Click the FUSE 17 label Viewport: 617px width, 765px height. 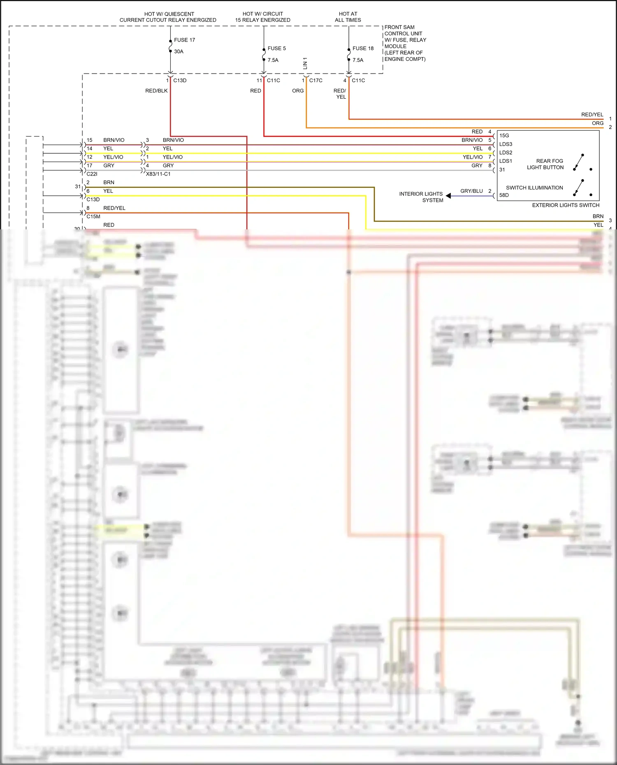(x=184, y=40)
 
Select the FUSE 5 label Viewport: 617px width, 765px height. (x=276, y=49)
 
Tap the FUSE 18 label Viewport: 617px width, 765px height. (x=363, y=49)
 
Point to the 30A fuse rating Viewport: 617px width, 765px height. (x=179, y=52)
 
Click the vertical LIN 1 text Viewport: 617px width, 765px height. (x=305, y=63)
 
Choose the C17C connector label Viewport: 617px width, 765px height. (x=315, y=81)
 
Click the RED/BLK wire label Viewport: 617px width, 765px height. (x=156, y=91)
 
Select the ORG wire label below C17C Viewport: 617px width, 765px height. (x=298, y=91)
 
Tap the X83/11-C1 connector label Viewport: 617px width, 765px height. (x=158, y=174)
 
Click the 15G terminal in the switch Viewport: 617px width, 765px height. (x=504, y=136)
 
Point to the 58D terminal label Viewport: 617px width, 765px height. (x=504, y=195)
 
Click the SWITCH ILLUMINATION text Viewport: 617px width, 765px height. (x=534, y=188)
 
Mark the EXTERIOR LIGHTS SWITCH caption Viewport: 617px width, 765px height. (x=566, y=205)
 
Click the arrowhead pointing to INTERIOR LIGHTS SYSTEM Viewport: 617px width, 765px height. (x=448, y=196)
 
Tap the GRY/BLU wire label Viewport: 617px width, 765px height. (x=471, y=191)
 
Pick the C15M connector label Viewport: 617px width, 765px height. (x=93, y=217)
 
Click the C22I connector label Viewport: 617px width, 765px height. (x=92, y=174)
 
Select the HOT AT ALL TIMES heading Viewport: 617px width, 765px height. (x=348, y=17)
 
